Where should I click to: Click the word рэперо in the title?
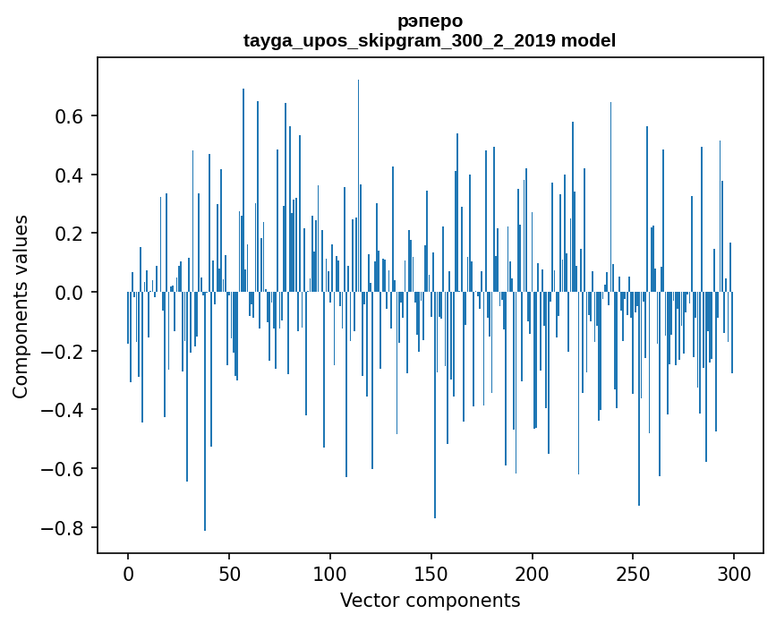point(430,20)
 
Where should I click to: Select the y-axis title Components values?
point(21,306)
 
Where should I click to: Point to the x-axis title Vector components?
point(430,600)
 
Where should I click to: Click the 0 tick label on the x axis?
point(128,573)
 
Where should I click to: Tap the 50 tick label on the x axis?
point(229,573)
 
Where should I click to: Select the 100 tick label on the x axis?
point(330,573)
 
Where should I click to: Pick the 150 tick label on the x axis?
point(431,573)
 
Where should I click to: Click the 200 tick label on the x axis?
point(533,573)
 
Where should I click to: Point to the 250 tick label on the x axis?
point(633,573)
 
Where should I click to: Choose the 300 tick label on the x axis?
point(734,573)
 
